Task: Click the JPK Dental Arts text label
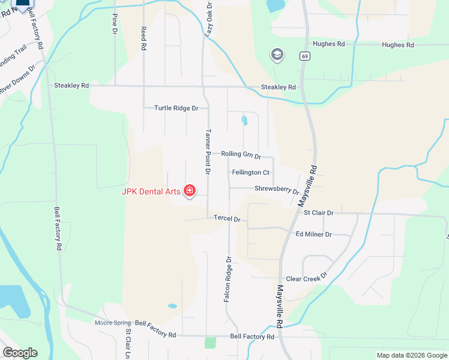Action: click(x=151, y=192)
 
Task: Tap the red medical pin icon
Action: click(x=190, y=191)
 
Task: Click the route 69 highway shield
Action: click(x=306, y=56)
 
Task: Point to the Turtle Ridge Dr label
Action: click(x=176, y=109)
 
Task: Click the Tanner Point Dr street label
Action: click(x=208, y=152)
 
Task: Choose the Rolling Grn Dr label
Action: click(x=241, y=155)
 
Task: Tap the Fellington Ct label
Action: click(x=250, y=173)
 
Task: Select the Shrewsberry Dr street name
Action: click(x=277, y=190)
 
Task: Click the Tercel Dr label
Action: click(x=227, y=219)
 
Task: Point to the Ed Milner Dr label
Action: click(x=313, y=234)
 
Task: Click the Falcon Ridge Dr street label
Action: click(x=228, y=279)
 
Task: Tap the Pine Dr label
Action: click(x=114, y=23)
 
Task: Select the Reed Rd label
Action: click(x=143, y=37)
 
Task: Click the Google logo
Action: click(x=20, y=353)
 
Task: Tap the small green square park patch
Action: click(x=209, y=343)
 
